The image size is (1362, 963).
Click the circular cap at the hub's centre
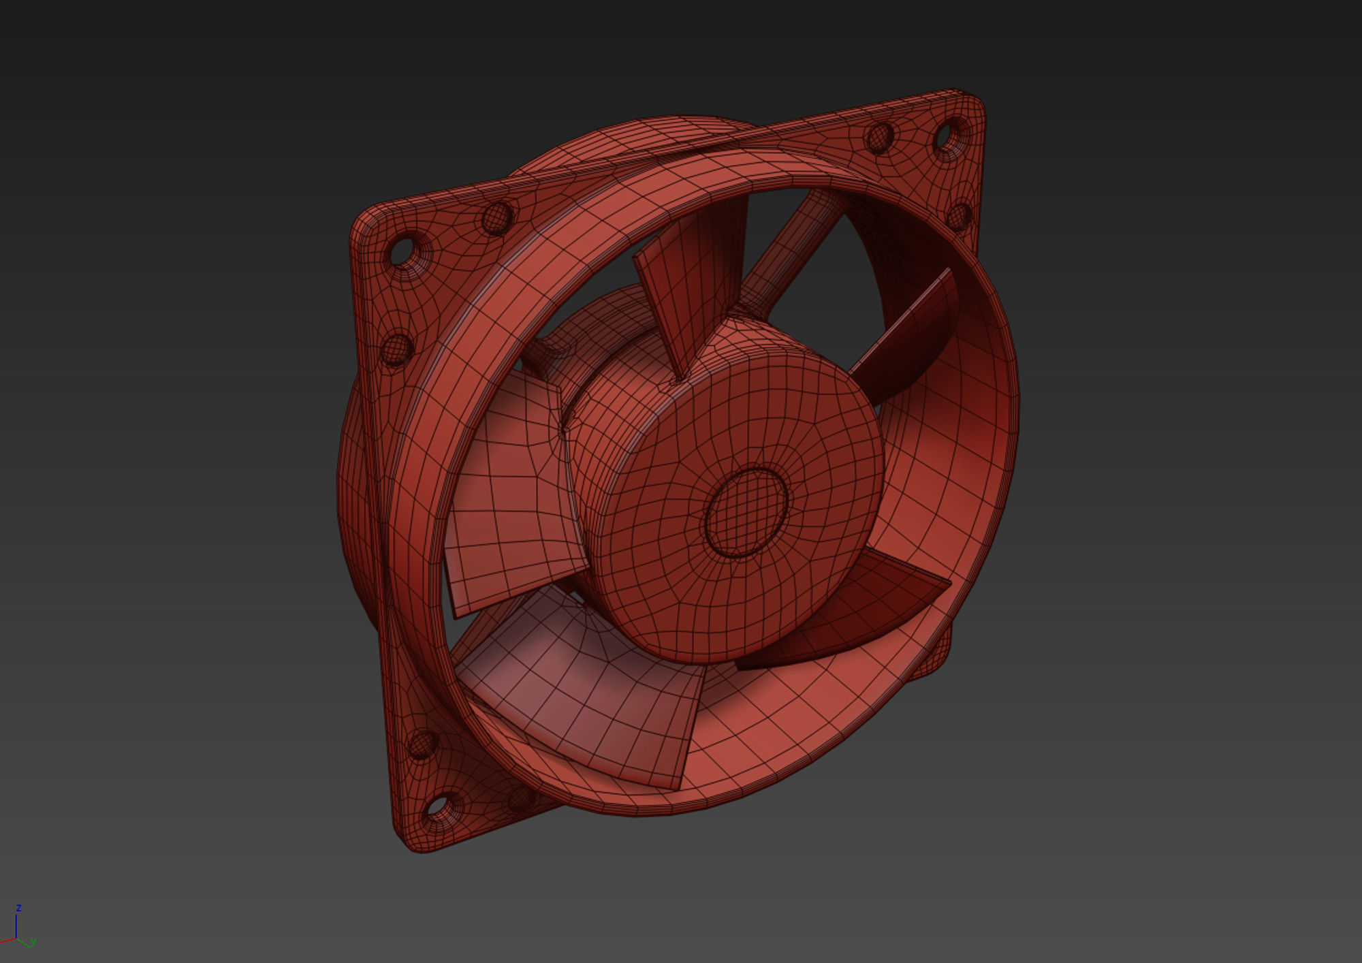tap(746, 513)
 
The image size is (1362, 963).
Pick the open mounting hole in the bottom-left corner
tap(436, 806)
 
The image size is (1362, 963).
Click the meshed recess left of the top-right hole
tap(878, 138)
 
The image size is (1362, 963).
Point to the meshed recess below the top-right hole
tap(959, 216)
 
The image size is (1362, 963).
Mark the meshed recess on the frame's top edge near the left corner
tap(496, 219)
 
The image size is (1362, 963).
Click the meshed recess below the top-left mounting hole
tap(395, 349)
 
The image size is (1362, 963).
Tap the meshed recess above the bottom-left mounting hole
tap(422, 744)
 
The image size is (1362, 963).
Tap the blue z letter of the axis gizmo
tap(19, 908)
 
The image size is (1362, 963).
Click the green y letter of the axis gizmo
tap(32, 942)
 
